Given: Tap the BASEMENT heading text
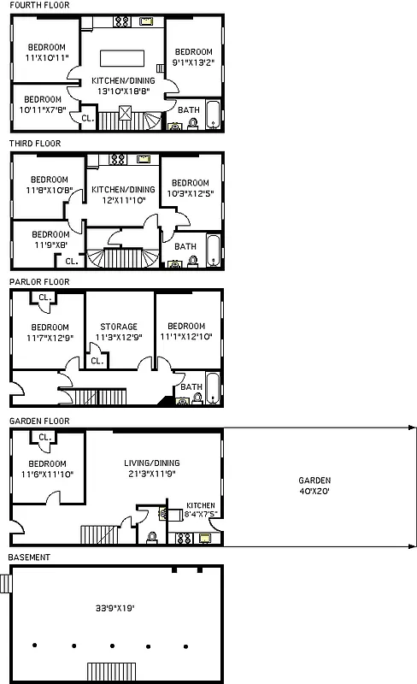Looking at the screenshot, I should point(30,557).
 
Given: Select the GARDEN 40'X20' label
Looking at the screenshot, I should point(315,486).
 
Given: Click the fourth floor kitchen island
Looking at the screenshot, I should point(124,58).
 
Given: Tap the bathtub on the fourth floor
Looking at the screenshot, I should point(213,115).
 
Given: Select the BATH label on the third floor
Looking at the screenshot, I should point(185,247).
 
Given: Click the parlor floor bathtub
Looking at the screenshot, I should point(213,389).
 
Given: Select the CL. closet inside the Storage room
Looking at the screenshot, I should point(97,360).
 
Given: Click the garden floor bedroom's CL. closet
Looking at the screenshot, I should point(44,437).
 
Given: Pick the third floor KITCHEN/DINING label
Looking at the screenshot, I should point(123,194).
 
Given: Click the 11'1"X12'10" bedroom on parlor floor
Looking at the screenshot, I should point(186,332).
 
